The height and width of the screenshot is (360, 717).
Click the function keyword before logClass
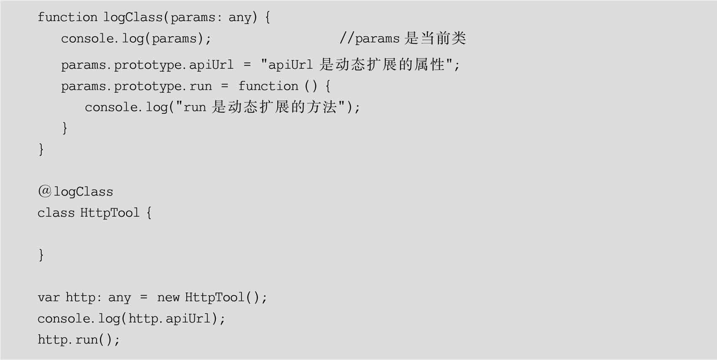click(x=67, y=17)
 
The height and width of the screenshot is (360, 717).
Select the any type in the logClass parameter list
click(x=240, y=17)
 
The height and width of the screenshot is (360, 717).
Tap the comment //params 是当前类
click(x=403, y=38)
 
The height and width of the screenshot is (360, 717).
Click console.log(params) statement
click(x=136, y=39)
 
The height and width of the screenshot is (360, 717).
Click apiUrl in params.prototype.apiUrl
click(x=211, y=65)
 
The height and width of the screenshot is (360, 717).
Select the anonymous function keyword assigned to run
click(x=268, y=86)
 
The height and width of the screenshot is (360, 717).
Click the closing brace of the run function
click(x=64, y=127)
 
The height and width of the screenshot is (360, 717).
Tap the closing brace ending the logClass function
click(x=41, y=149)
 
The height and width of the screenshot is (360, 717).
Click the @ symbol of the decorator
click(x=44, y=191)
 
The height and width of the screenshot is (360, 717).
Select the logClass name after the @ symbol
click(x=83, y=192)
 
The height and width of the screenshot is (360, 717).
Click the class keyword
click(x=56, y=213)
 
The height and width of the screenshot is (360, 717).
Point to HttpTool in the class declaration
click(x=110, y=213)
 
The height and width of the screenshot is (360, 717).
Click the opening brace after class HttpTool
click(x=149, y=213)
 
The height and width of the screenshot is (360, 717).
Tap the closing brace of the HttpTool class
click(x=41, y=255)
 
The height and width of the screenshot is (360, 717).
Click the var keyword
click(x=48, y=298)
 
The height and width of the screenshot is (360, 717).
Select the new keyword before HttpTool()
click(x=168, y=298)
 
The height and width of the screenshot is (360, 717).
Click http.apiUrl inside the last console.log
click(x=169, y=319)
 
